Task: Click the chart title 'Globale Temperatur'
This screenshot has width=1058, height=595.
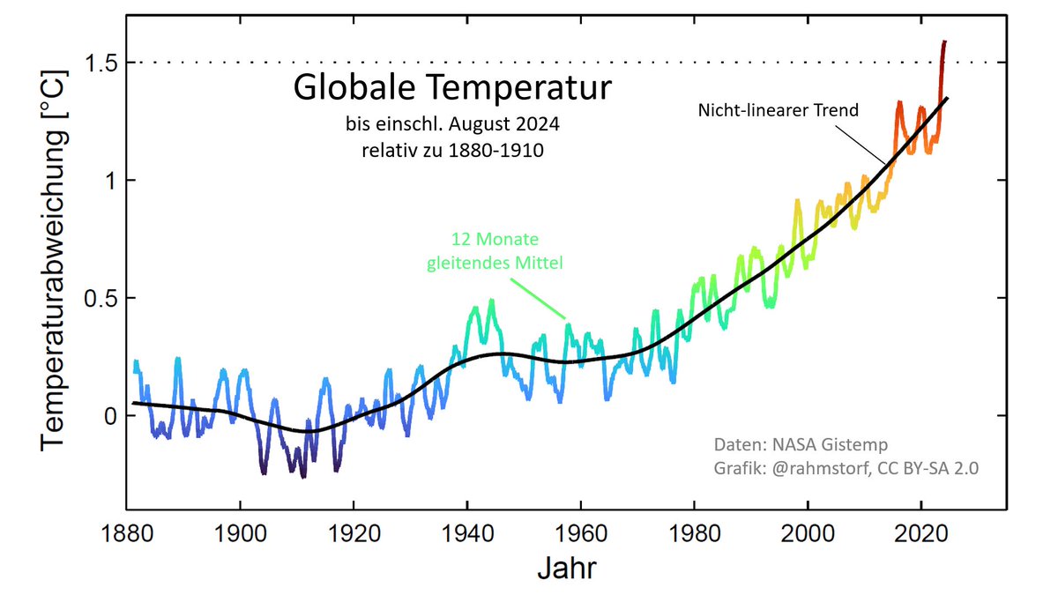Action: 451,89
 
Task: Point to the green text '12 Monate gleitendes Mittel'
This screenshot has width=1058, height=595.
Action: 495,250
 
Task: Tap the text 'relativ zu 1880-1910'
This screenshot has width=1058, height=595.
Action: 451,150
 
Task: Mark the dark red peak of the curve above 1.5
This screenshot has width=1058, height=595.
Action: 944,41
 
